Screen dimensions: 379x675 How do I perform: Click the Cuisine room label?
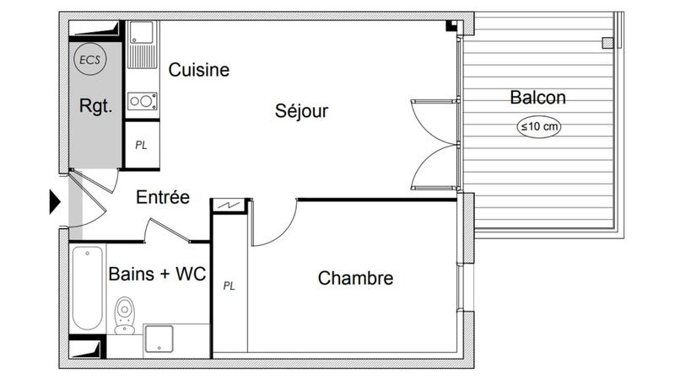click(x=199, y=70)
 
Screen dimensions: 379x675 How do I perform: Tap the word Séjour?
click(x=301, y=111)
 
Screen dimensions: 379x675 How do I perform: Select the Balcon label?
click(x=537, y=98)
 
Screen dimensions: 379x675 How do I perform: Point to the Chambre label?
click(x=355, y=278)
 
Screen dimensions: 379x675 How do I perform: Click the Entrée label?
click(x=163, y=198)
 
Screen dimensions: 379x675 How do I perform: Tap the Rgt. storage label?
click(x=95, y=107)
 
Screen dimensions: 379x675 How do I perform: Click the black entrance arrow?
click(x=55, y=201)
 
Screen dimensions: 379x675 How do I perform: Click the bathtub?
click(x=87, y=288)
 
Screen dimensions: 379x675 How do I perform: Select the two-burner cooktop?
click(x=143, y=102)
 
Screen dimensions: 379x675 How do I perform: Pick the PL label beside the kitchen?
click(x=142, y=144)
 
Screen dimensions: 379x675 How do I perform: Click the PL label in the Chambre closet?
click(x=229, y=286)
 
